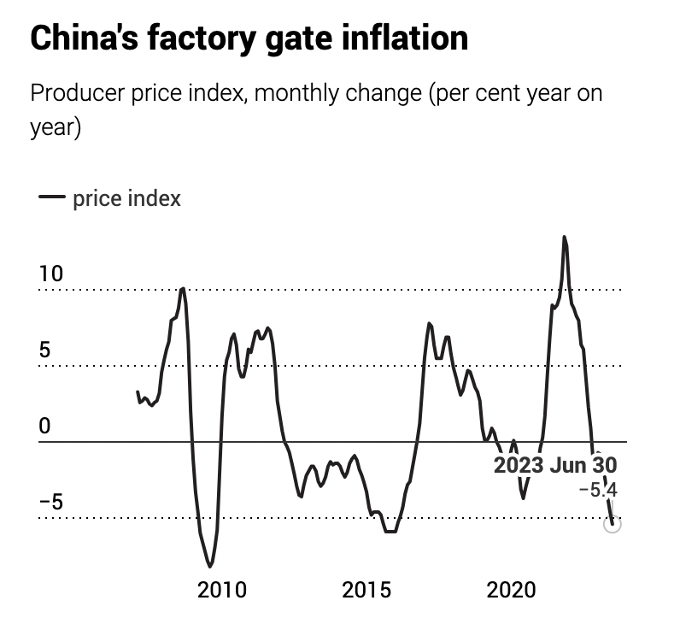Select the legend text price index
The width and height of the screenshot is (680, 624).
126,198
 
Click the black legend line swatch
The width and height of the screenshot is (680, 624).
52,198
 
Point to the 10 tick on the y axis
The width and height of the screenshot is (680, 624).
51,274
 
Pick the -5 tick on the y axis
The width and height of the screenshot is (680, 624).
51,502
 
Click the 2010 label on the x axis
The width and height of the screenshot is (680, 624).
222,590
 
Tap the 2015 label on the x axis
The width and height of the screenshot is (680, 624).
366,590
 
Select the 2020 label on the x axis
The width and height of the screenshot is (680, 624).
511,590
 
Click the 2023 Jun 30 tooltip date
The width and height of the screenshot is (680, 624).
555,465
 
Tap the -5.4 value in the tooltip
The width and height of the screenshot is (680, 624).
598,490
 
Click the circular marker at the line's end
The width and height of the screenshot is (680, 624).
612,523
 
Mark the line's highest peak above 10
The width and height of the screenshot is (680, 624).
564,237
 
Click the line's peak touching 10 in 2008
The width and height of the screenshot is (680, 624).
182,289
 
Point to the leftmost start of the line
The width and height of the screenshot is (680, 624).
138,391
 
